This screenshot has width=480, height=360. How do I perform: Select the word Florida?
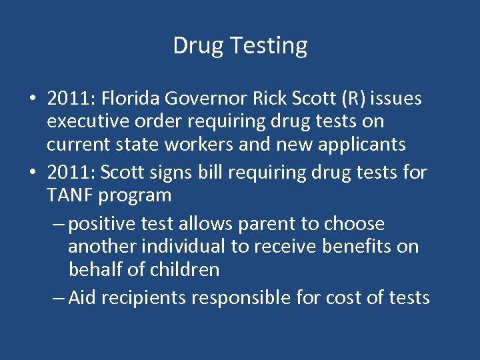[x=131, y=99]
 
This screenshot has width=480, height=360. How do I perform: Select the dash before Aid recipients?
[x=58, y=298]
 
